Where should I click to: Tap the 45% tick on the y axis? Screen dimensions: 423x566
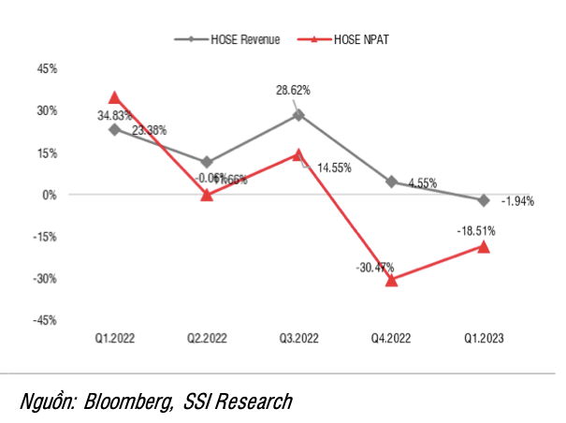(45, 69)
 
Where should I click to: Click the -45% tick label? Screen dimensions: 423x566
(43, 320)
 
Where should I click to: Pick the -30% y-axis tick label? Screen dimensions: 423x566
(43, 278)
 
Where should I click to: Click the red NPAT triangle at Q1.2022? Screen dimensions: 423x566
(114, 97)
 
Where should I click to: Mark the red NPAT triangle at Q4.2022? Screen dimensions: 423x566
(391, 280)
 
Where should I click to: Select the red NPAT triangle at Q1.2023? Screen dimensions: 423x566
(484, 246)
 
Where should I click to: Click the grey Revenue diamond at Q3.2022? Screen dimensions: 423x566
(298, 115)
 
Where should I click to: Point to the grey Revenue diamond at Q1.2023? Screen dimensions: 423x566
(484, 200)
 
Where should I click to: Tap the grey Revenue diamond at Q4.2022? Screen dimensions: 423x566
(391, 182)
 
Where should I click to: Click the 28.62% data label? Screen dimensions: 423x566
(293, 91)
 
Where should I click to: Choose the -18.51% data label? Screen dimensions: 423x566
(477, 229)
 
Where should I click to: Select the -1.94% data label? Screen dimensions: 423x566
(517, 201)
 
